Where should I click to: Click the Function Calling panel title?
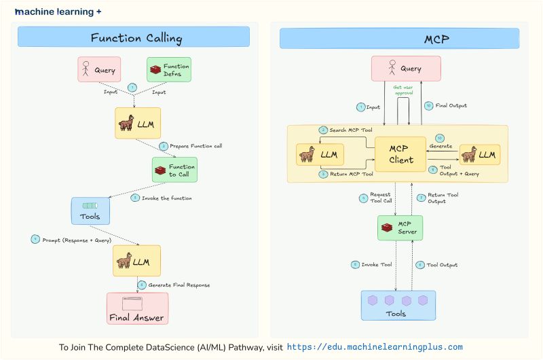[136, 37]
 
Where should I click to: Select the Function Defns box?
[169, 69]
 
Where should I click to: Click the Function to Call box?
[174, 170]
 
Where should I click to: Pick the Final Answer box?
[136, 308]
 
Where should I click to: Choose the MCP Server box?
[400, 228]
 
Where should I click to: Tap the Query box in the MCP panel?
[406, 69]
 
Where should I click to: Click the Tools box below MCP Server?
[398, 305]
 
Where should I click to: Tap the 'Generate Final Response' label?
[179, 285]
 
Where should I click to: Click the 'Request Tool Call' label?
[380, 198]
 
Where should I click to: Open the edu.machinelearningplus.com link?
[375, 346]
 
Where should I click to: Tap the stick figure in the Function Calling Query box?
[86, 69]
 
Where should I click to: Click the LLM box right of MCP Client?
[479, 155]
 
